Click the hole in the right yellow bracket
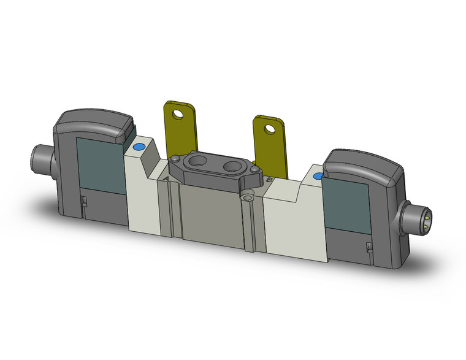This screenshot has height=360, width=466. tap(269, 128)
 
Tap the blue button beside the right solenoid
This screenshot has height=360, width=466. tap(317, 177)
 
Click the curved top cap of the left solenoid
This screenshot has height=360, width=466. tap(95, 123)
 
